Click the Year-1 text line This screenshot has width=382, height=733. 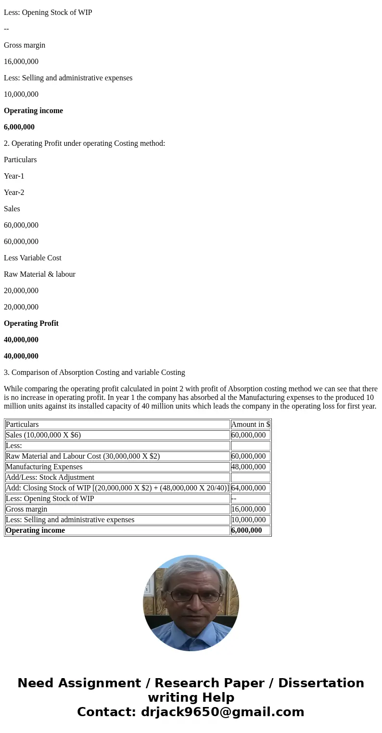point(14,176)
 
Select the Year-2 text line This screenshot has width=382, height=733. point(14,193)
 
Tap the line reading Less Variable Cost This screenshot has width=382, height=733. point(33,258)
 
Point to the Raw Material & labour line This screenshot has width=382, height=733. point(39,274)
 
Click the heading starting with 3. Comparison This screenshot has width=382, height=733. point(94,373)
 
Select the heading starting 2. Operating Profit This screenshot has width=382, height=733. point(84,143)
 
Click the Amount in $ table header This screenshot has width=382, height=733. point(251,424)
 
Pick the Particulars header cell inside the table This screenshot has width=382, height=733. point(22,424)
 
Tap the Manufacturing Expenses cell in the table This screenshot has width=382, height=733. point(44,467)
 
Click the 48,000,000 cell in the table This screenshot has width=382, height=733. point(248,467)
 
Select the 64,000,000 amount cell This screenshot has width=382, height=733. point(248,488)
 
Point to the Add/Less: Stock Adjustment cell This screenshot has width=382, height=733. point(50,477)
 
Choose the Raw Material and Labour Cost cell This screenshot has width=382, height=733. point(83,456)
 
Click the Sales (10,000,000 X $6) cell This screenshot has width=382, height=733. point(43,435)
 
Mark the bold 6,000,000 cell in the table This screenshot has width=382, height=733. point(247,530)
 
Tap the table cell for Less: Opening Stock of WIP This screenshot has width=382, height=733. point(50,499)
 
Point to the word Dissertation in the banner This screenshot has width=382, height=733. point(321,683)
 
